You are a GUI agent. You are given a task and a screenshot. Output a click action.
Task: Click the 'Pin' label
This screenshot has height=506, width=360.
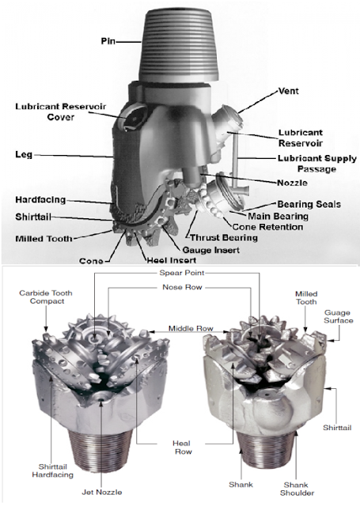(x=112, y=40)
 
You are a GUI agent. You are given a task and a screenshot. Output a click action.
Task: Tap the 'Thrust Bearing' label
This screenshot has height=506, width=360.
(x=222, y=236)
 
